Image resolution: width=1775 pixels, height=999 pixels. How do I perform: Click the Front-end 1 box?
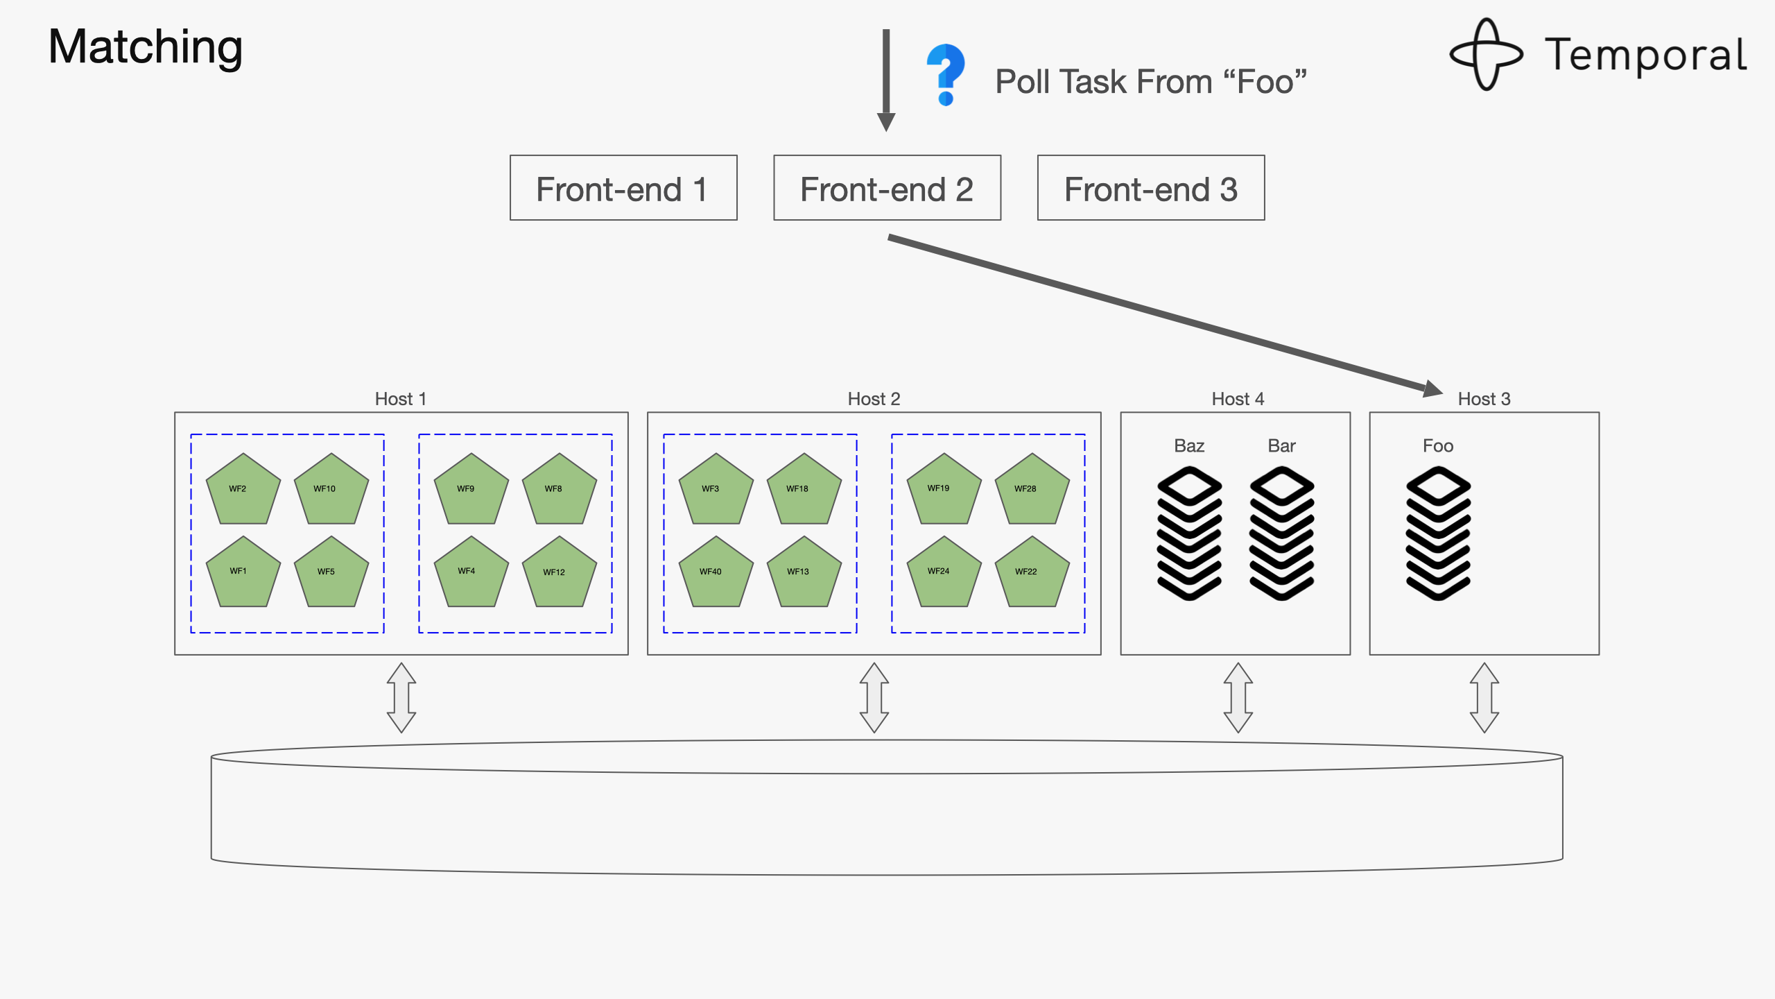[623, 188]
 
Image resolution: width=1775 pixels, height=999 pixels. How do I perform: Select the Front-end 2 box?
[887, 188]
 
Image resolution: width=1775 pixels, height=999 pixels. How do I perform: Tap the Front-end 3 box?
[1151, 188]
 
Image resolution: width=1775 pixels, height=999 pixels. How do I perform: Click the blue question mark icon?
[946, 74]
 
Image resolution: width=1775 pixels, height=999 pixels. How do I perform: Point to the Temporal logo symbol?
[1486, 54]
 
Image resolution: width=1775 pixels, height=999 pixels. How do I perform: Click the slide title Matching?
[146, 47]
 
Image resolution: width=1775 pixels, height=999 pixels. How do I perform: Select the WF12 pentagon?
[559, 573]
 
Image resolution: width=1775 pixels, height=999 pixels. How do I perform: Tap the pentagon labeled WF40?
[716, 573]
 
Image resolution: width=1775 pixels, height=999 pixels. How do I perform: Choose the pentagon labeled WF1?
[243, 573]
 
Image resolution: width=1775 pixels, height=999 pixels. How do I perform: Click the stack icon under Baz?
[1189, 533]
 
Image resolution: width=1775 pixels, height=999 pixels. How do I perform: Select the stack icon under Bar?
[1281, 533]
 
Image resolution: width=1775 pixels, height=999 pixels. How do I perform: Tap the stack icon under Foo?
[1438, 533]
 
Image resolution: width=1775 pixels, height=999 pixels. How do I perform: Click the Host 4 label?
[1238, 399]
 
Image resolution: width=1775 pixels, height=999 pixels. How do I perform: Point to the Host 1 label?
[401, 399]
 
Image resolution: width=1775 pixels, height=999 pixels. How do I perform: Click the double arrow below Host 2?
[874, 697]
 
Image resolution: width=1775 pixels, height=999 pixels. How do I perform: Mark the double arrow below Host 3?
[1484, 697]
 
